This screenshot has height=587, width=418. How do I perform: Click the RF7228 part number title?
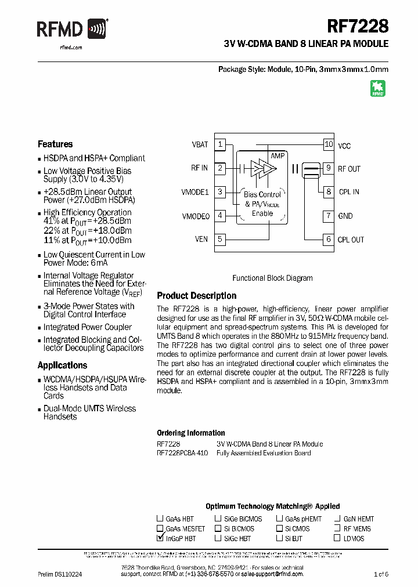pyautogui.click(x=358, y=26)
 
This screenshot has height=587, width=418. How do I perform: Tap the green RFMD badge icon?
pyautogui.click(x=378, y=88)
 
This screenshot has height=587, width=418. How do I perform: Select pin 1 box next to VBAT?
pyautogui.click(x=220, y=144)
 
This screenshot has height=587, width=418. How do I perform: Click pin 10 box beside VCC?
pyautogui.click(x=329, y=144)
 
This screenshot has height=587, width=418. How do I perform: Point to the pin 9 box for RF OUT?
pyautogui.click(x=329, y=168)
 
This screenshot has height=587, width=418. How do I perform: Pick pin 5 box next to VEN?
pyautogui.click(x=220, y=239)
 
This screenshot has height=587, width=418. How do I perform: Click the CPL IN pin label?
pyautogui.click(x=348, y=192)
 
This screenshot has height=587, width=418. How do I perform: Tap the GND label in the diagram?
pyautogui.click(x=345, y=216)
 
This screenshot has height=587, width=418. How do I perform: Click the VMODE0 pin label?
pyautogui.click(x=196, y=216)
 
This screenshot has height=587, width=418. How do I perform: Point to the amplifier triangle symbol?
pyautogui.click(x=262, y=168)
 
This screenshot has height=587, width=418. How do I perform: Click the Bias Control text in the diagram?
pyautogui.click(x=262, y=194)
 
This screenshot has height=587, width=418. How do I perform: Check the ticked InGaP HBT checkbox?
pyautogui.click(x=160, y=538)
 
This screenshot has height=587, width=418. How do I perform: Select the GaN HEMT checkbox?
pyautogui.click(x=337, y=519)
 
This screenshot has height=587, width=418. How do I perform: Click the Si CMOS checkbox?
pyautogui.click(x=279, y=529)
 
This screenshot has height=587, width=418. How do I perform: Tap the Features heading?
pyautogui.click(x=55, y=144)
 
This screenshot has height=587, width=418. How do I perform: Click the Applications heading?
pyautogui.click(x=62, y=365)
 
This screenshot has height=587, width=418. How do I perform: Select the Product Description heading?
pyautogui.click(x=197, y=296)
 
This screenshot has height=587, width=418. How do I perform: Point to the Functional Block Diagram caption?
pyautogui.click(x=272, y=278)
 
